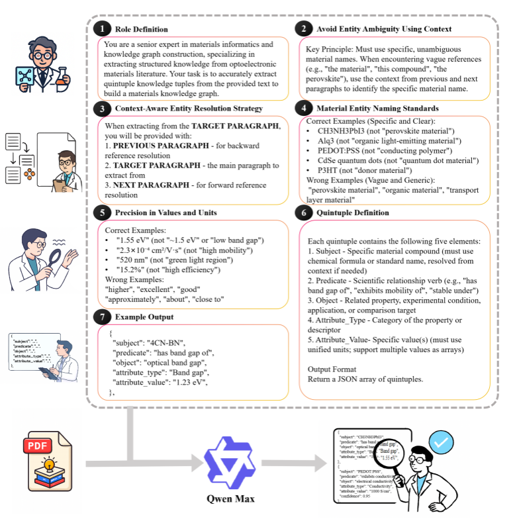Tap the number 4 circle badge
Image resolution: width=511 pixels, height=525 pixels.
303,108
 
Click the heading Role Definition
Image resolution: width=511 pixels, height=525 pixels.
141,29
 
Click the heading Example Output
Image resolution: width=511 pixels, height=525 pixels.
144,316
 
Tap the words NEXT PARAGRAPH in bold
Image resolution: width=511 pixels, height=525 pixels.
148,177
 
